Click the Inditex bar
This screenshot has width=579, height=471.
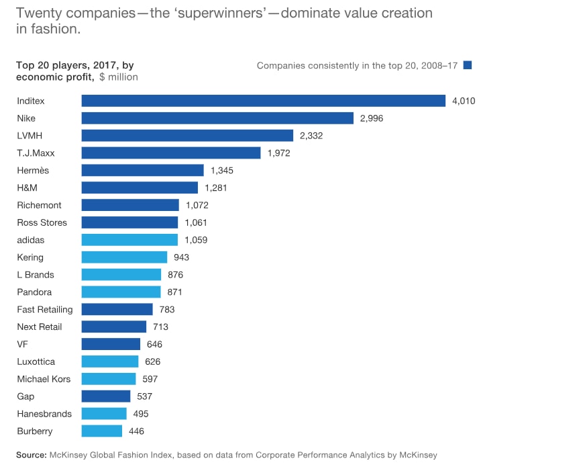263,101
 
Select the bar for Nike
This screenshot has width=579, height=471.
217,118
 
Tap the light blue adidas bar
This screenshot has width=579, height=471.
129,240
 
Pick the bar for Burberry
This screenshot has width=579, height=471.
102,431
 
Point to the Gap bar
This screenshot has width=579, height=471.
106,396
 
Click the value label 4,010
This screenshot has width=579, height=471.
464,101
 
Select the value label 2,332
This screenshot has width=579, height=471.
311,136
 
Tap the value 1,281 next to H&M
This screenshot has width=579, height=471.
216,187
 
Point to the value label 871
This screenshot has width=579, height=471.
174,292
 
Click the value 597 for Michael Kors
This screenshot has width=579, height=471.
150,379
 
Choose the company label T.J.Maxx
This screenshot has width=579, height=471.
36,153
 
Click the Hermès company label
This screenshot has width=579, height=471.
33,171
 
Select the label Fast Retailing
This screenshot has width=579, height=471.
45,310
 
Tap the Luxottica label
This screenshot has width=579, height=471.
36,361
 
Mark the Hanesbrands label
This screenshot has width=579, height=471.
44,414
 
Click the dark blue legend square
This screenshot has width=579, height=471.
468,65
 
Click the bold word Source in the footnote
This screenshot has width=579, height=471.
32,455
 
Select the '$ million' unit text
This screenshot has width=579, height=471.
118,77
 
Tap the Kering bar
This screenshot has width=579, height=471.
124,257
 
